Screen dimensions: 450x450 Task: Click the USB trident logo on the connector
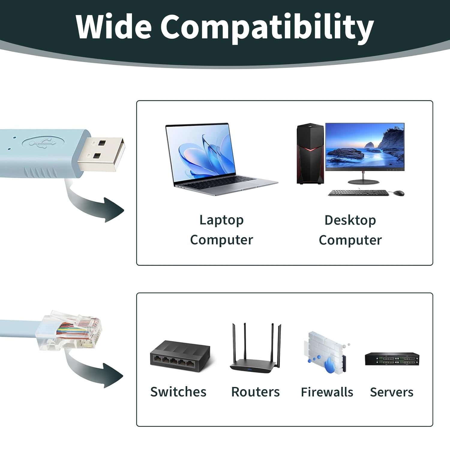pos(42,143)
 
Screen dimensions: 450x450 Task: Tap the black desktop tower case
pos(310,154)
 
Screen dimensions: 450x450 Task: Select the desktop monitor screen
pos(365,147)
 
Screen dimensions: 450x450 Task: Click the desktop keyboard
pos(358,193)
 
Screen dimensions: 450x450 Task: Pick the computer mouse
pos(398,193)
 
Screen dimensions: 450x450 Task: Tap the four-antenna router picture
pos(256,348)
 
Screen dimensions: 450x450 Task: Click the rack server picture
pos(392,359)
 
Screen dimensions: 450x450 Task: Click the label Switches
pos(178,392)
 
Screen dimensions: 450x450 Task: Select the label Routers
pos(255,392)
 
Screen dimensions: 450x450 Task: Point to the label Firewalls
pos(327,392)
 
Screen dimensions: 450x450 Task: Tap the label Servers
pos(391,392)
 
